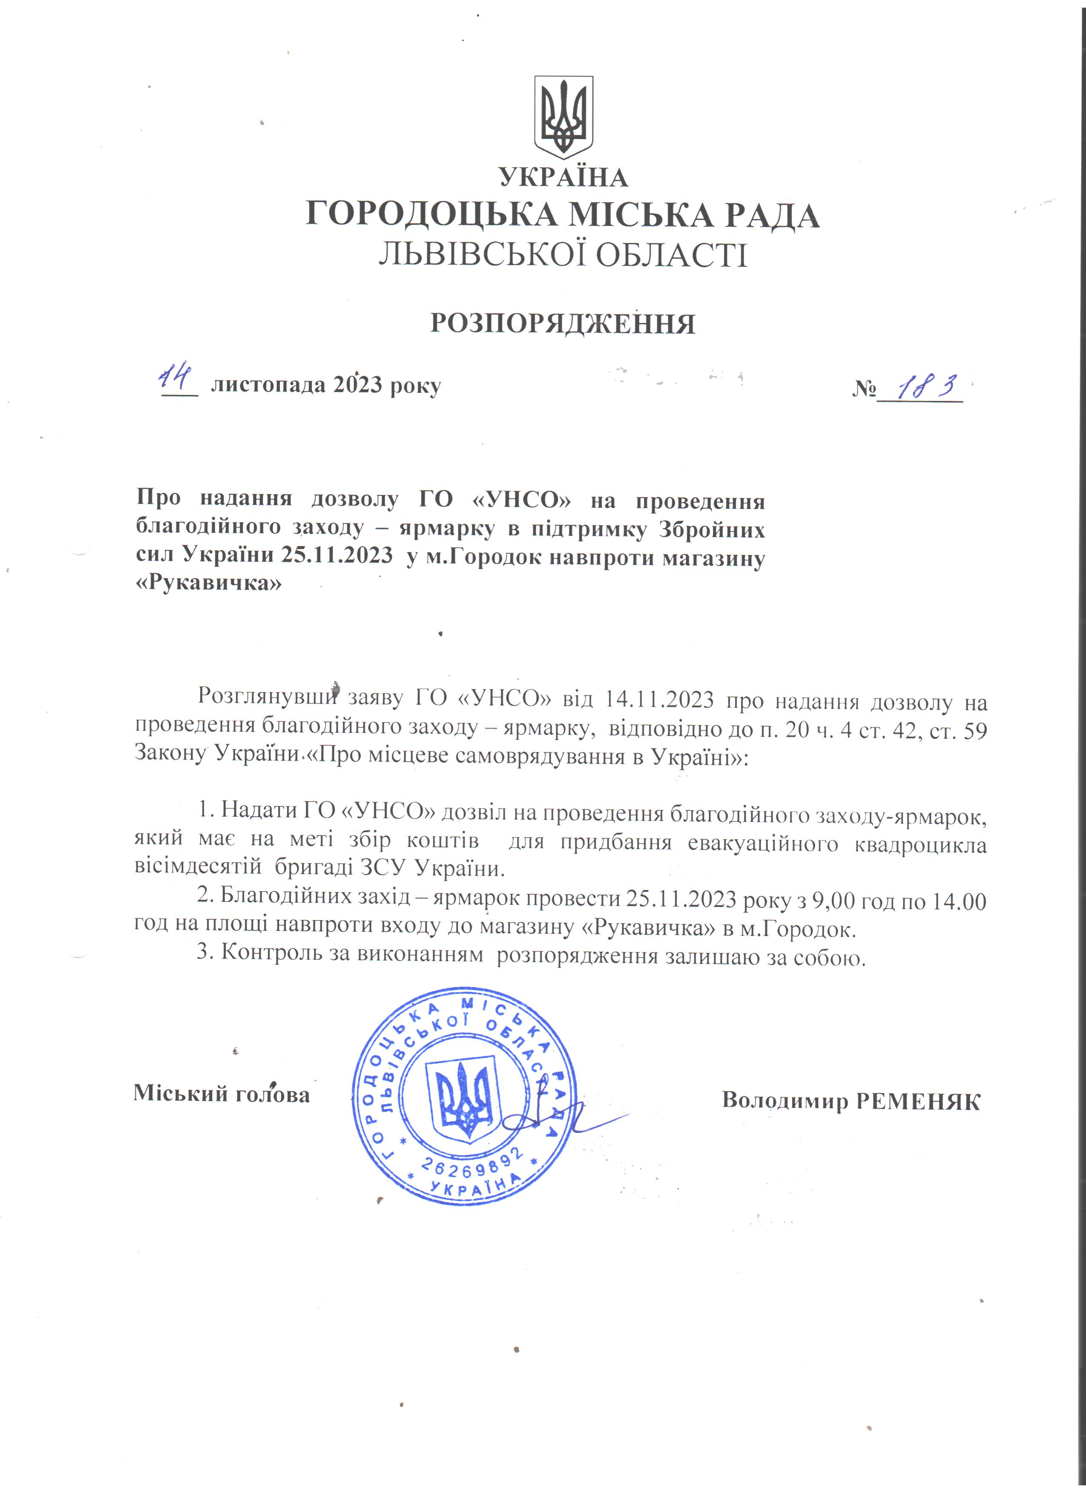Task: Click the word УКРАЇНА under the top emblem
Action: pyautogui.click(x=563, y=177)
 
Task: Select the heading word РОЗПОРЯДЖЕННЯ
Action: pyautogui.click(x=563, y=324)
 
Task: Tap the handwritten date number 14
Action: pyautogui.click(x=175, y=378)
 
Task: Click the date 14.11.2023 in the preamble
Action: pyautogui.click(x=658, y=699)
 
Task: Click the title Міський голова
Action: pyautogui.click(x=222, y=1093)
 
